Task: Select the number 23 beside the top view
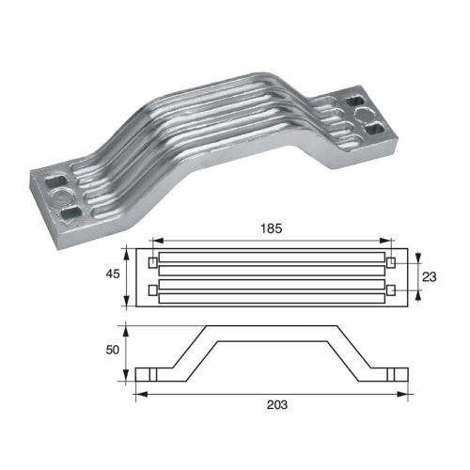(x=430, y=278)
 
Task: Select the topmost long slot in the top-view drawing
(x=272, y=255)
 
